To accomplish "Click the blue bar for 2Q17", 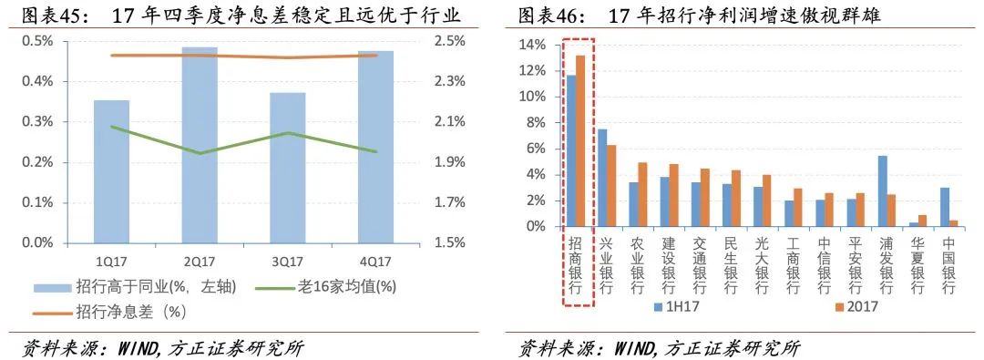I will point(200,146).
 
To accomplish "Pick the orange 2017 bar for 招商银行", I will point(580,141).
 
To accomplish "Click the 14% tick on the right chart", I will point(532,45).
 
